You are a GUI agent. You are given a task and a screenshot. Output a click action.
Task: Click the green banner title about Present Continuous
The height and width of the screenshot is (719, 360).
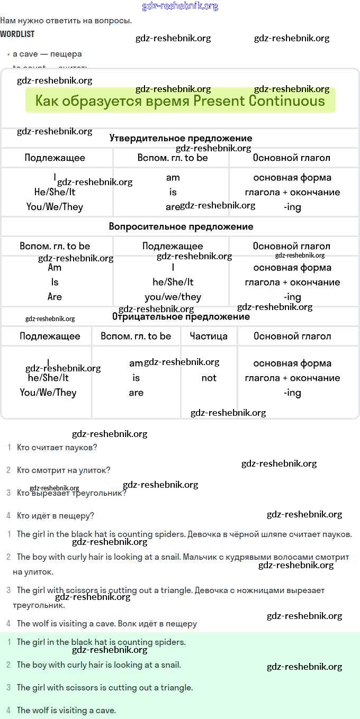[180, 101]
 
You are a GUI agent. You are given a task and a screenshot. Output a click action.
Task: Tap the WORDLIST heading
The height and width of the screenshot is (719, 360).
[17, 34]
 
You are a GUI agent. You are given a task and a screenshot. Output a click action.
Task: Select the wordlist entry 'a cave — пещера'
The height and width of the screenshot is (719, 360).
[47, 54]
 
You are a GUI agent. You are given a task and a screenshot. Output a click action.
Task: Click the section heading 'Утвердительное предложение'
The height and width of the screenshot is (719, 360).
[181, 139]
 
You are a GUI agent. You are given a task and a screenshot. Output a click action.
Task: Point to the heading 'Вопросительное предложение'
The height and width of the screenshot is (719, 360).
[181, 226]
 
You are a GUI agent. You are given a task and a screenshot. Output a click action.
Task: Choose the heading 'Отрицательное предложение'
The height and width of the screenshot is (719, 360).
[181, 317]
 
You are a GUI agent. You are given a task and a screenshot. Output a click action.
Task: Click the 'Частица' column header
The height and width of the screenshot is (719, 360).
[209, 336]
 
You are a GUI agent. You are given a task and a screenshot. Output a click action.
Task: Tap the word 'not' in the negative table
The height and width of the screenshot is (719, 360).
[209, 378]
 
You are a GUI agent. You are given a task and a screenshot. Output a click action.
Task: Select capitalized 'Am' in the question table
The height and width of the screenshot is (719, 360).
[55, 268]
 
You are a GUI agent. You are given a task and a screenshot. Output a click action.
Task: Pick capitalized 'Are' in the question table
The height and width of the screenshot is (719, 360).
[55, 297]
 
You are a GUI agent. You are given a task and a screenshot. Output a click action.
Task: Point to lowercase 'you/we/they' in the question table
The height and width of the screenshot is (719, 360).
[173, 297]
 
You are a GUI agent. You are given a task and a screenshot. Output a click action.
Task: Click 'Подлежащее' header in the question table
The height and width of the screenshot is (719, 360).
[173, 246]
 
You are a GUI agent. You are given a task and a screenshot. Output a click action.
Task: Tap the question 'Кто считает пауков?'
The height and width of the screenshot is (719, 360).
[57, 448]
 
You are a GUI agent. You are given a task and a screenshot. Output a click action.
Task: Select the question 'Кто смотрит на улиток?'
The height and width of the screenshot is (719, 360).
[64, 470]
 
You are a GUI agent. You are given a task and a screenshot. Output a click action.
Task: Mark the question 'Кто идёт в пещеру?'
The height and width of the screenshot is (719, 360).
[55, 516]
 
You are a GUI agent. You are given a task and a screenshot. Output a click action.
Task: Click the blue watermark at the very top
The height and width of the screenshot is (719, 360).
[180, 6]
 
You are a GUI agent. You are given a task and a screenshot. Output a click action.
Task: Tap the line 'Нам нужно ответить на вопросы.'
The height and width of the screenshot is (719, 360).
[66, 21]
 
